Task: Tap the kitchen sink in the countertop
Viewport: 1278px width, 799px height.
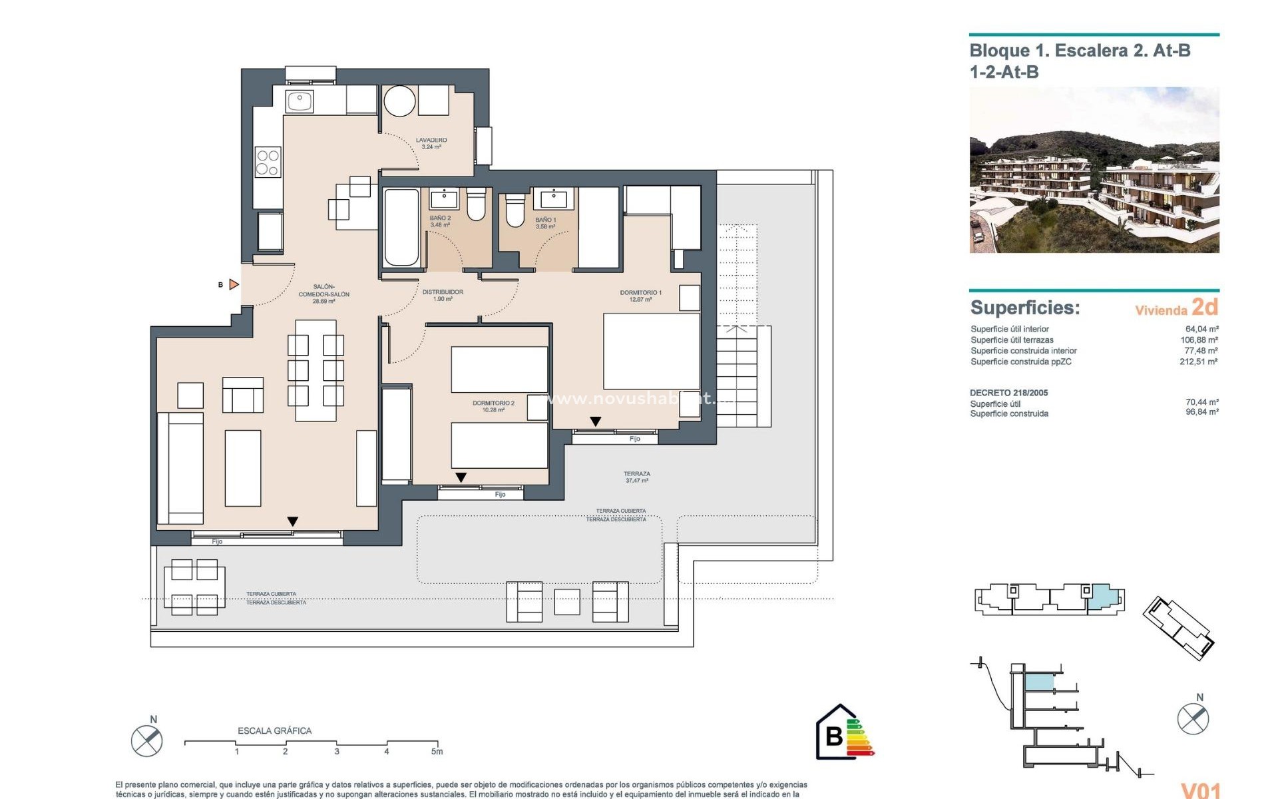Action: pyautogui.click(x=300, y=102)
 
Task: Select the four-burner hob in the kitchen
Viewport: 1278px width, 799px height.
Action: pyautogui.click(x=268, y=162)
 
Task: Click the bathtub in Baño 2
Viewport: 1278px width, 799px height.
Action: pyautogui.click(x=401, y=228)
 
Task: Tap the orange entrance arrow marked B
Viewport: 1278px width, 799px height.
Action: pyautogui.click(x=234, y=284)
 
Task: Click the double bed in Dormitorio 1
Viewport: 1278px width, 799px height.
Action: pyautogui.click(x=651, y=351)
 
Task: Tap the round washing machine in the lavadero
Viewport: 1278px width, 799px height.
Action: pyautogui.click(x=400, y=102)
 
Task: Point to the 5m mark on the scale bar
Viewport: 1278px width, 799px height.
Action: pyautogui.click(x=437, y=751)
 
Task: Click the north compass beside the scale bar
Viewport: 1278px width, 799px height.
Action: pyautogui.click(x=147, y=740)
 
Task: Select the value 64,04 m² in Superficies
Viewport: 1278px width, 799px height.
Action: pyautogui.click(x=1201, y=329)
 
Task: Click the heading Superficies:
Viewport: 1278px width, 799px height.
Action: pyautogui.click(x=1024, y=308)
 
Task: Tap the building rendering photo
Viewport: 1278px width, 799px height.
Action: pyautogui.click(x=1094, y=170)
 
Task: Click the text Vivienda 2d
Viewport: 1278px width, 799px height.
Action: pyautogui.click(x=1176, y=308)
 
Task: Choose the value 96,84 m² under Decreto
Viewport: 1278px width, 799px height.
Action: pyautogui.click(x=1201, y=413)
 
